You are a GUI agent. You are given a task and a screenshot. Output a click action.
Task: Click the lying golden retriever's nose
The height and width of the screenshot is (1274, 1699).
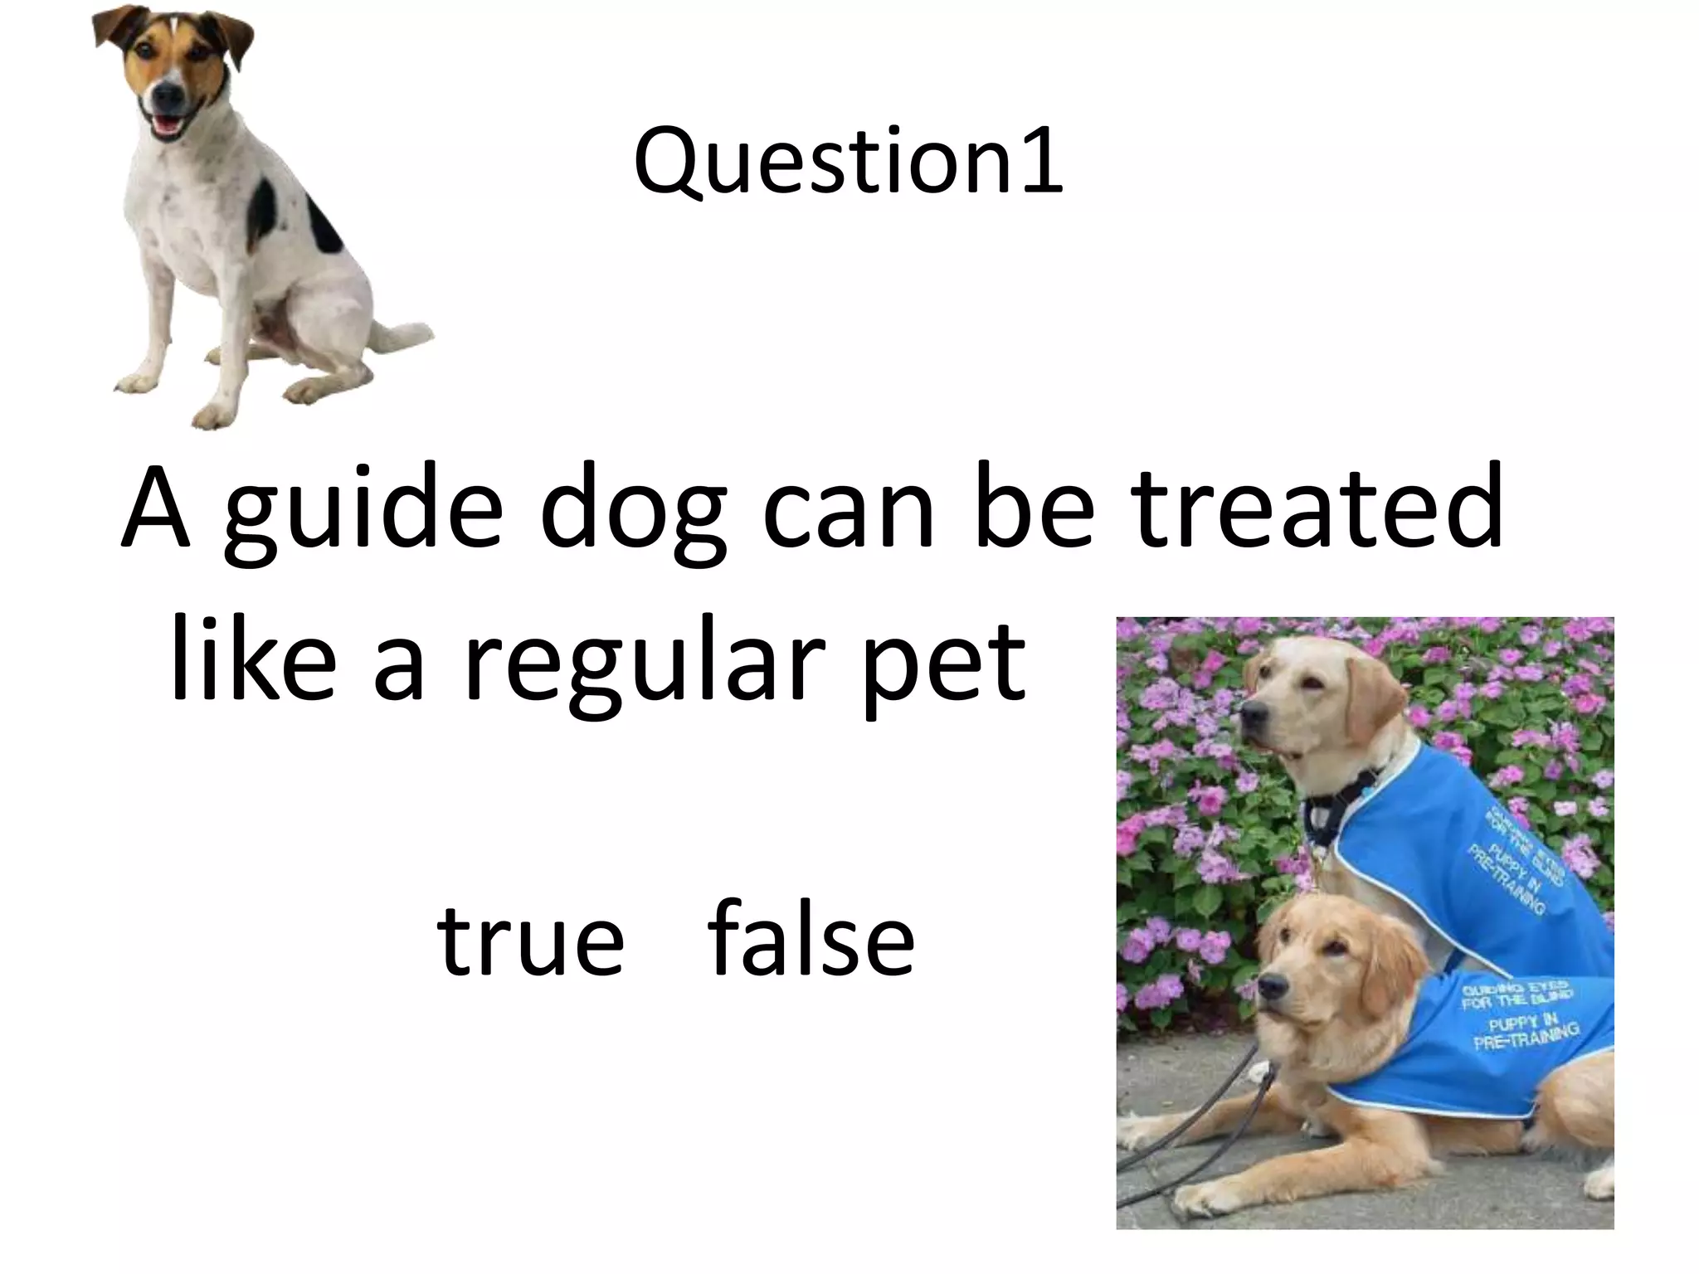coord(1268,987)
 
